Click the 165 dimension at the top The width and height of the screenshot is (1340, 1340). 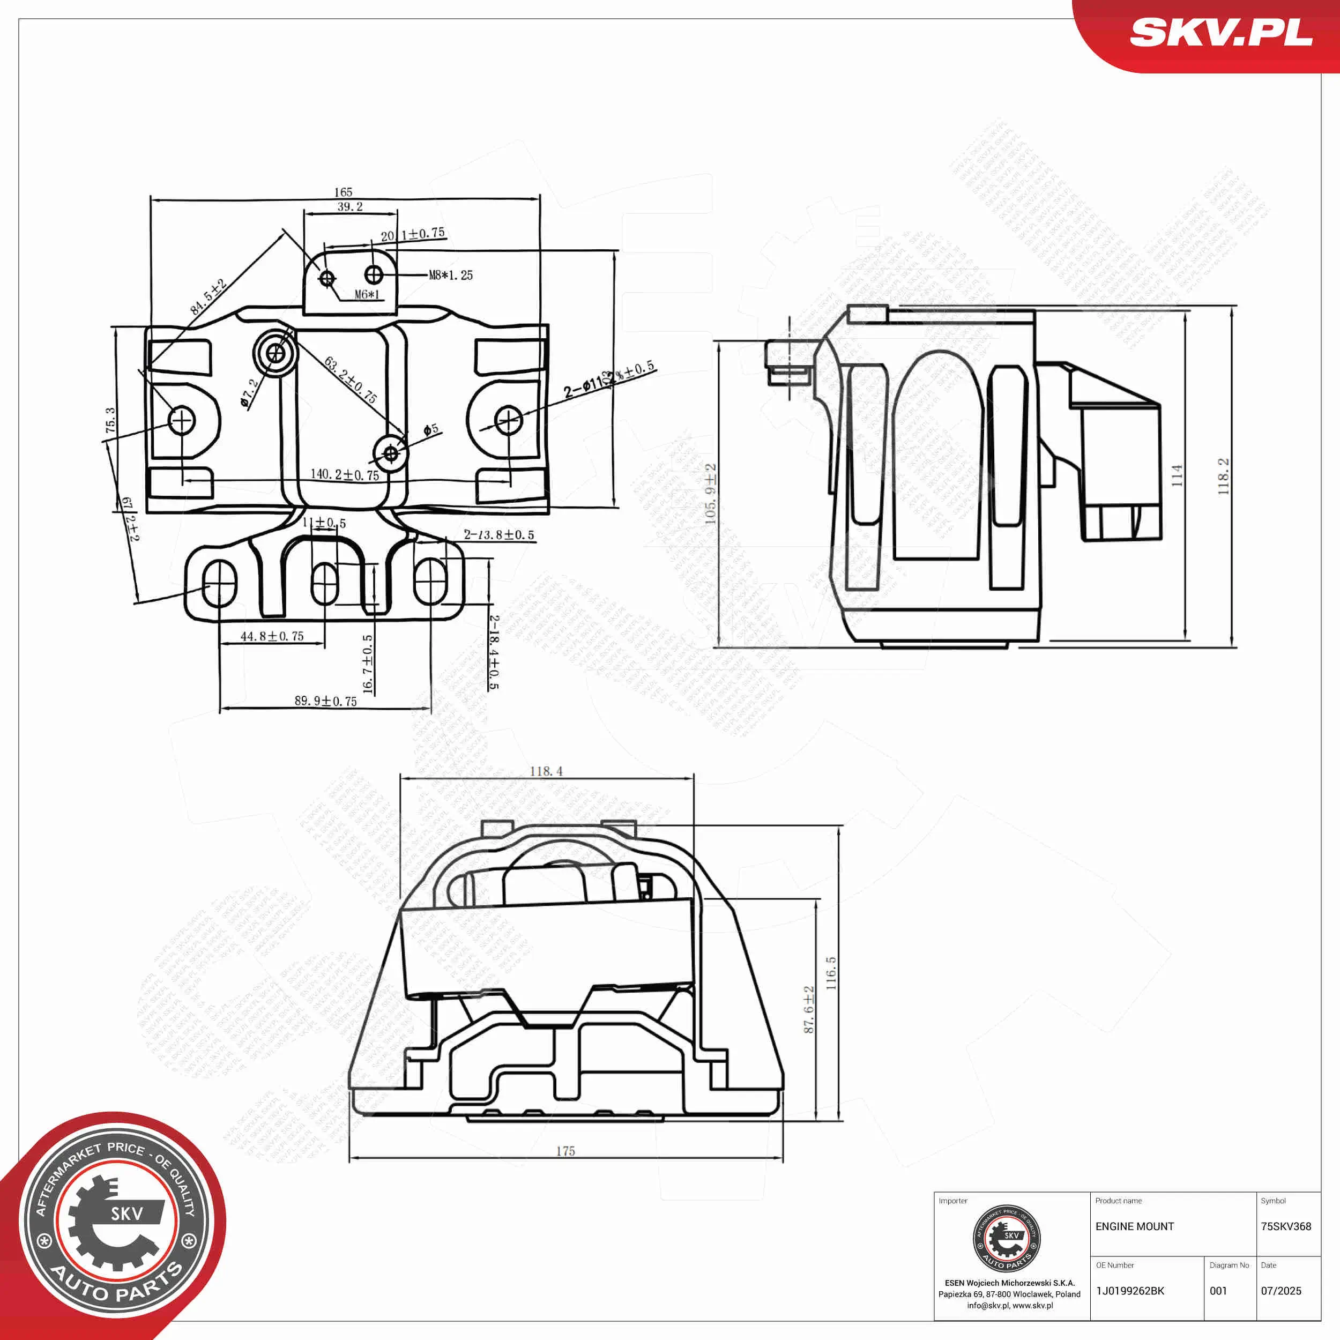[x=344, y=192]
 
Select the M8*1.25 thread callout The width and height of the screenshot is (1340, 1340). [x=451, y=276]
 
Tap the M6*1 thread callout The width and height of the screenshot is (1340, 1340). [x=368, y=295]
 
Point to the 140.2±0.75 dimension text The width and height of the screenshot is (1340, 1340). [x=345, y=475]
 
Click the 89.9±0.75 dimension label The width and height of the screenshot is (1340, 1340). [x=325, y=701]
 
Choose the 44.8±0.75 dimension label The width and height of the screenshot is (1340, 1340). [x=272, y=636]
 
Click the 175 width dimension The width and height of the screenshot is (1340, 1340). [x=565, y=1151]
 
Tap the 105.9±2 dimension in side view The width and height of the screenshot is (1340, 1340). [x=710, y=493]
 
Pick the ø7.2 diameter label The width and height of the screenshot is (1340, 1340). [x=249, y=392]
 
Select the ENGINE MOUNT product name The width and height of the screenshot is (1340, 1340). [x=1135, y=1227]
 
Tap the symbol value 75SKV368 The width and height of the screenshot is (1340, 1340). [x=1286, y=1227]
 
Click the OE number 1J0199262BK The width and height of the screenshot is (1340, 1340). [x=1130, y=1291]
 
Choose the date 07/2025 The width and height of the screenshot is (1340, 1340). [x=1281, y=1291]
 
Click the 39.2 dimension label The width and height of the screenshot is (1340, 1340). [x=350, y=207]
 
